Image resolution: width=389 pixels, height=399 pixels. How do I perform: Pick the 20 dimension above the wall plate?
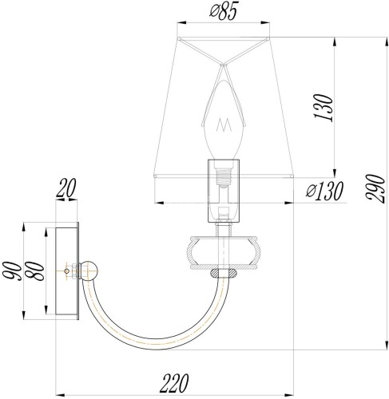point(66,189)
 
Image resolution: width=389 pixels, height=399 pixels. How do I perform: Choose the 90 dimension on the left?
point(11,271)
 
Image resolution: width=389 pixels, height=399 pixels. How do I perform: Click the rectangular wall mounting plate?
point(65,271)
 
